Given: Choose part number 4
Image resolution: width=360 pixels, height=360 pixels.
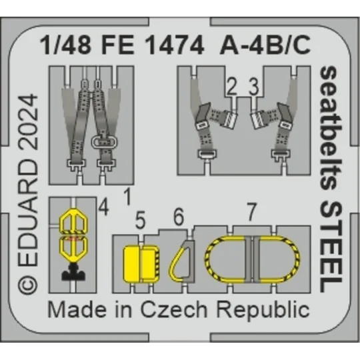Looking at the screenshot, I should tap(103, 207).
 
